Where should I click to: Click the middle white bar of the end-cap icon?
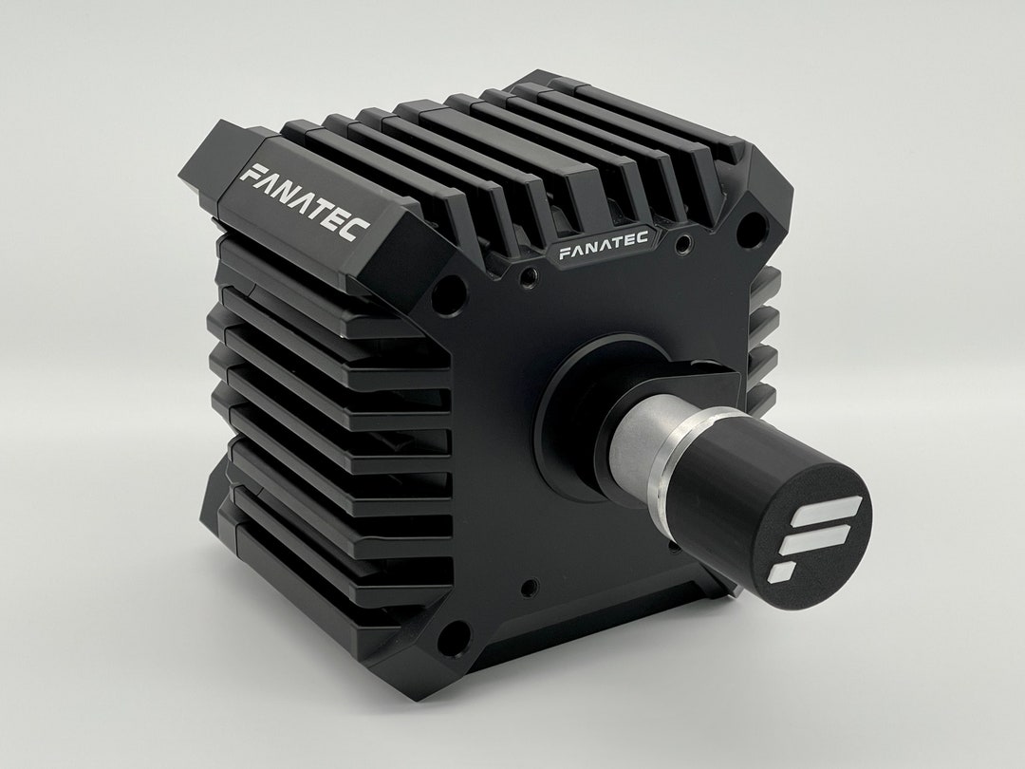click(x=818, y=541)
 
